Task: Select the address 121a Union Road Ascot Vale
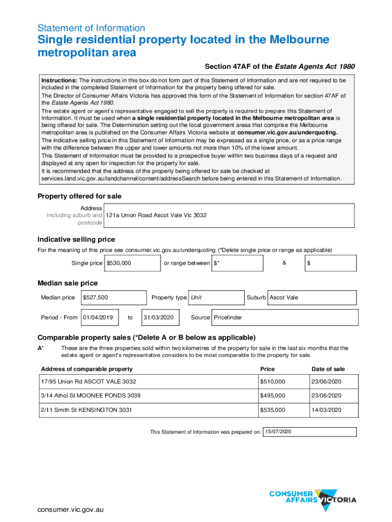click(x=156, y=215)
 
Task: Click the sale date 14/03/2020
click(x=328, y=410)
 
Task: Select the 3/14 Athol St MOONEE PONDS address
click(x=91, y=396)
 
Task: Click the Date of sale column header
click(x=328, y=369)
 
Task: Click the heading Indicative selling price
click(x=76, y=239)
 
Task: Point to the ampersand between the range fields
click(x=284, y=262)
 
